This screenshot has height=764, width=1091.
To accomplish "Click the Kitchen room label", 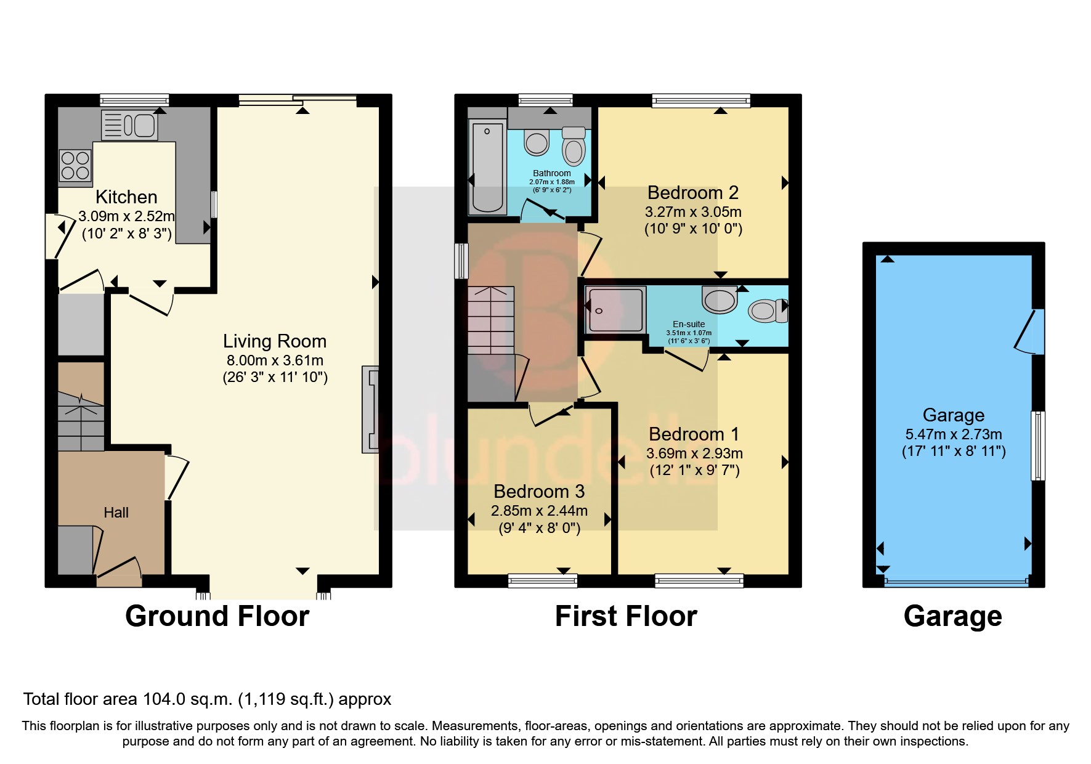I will point(126,197).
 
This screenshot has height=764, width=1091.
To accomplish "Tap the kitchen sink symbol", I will point(129,126).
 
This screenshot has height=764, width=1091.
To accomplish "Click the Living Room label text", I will point(274,341).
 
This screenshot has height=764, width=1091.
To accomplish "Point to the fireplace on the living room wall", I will point(370,410).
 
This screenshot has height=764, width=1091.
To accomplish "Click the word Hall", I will point(116,513).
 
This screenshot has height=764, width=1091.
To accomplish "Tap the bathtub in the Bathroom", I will point(487,167).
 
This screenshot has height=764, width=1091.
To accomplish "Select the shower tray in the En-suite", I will point(615,310).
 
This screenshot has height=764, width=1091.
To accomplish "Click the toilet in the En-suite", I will point(768,311).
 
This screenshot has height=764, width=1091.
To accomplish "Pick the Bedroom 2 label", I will point(692,193).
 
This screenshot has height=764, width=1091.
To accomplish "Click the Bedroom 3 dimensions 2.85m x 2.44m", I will point(538,511).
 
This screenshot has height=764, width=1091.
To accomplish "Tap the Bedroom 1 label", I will point(694,434).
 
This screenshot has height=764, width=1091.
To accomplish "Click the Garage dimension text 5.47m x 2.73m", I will point(953,434).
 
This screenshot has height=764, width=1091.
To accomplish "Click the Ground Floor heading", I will point(217,616).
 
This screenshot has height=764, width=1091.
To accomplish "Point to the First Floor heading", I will point(625,616).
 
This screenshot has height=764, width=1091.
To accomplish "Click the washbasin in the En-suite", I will point(720,299).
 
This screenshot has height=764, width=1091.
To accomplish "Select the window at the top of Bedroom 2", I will point(701,100).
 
